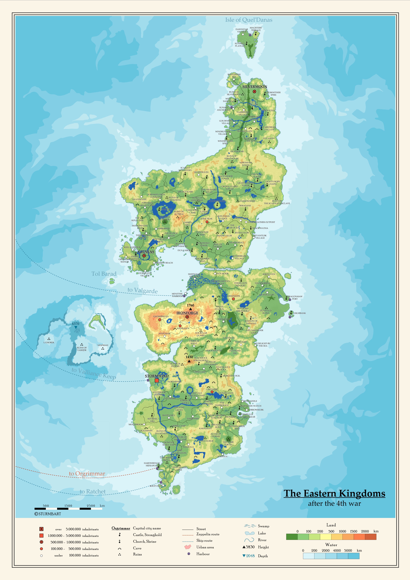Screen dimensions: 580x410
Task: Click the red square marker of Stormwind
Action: coord(157,380)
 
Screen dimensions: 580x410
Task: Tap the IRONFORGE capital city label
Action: coord(187,313)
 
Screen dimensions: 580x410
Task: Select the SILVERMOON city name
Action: coord(255,86)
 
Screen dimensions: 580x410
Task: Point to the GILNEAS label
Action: coord(146,252)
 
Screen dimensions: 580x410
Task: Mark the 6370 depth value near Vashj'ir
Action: coord(75,324)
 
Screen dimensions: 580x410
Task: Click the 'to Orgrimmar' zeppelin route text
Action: coord(87,473)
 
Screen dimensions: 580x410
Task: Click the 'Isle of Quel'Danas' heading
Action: coord(249,20)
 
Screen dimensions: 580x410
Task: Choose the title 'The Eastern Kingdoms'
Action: coord(334,493)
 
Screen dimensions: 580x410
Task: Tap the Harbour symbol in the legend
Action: coord(189,554)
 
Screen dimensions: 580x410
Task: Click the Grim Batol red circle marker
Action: coord(233,299)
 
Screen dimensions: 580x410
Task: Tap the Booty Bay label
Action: coord(155,486)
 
